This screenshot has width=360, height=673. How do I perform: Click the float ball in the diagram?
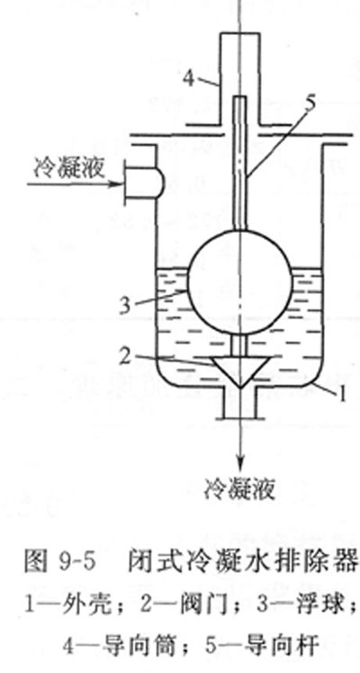239,283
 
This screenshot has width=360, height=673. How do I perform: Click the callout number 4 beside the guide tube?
188,77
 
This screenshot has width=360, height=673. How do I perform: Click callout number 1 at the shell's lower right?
342,396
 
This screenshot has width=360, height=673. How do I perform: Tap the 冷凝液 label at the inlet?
68,169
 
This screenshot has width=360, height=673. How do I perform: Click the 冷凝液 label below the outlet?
239,488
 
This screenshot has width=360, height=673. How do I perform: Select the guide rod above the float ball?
240,164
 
